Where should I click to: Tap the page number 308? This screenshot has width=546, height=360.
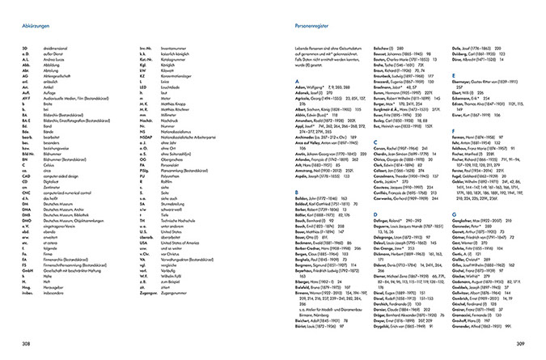pos(26,344)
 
